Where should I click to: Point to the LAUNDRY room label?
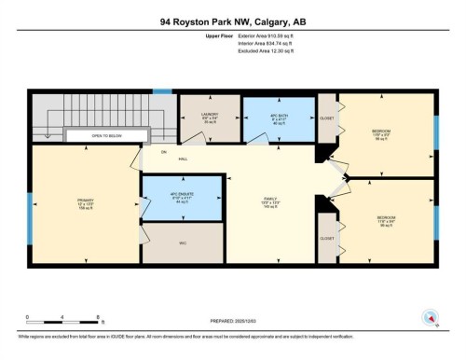[x=210, y=117]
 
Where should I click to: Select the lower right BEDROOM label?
[x=386, y=219]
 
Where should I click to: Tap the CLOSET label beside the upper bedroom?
[x=327, y=118]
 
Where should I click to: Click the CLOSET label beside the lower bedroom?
[x=327, y=238]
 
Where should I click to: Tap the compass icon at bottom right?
[x=430, y=317]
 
